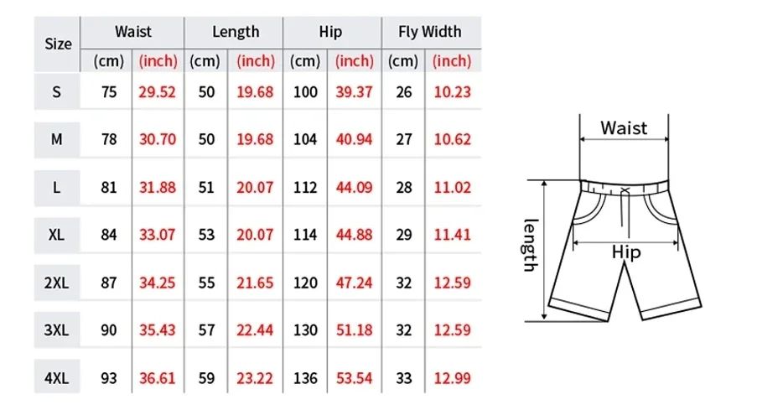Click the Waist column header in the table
(133, 32)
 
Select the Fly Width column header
(429, 32)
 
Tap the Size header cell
(57, 44)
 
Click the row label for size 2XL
(57, 283)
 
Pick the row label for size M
(57, 139)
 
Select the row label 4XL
(57, 378)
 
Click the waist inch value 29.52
(157, 92)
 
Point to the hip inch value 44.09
(355, 187)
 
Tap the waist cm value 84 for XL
(109, 235)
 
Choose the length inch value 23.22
(255, 378)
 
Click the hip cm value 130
(305, 330)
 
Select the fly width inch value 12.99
(453, 378)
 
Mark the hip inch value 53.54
(355, 378)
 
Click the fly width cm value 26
(404, 92)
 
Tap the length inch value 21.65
(255, 283)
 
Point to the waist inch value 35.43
(157, 330)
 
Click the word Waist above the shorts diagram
(624, 128)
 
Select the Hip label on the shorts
(625, 252)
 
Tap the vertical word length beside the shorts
(529, 245)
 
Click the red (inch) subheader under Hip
(355, 61)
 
